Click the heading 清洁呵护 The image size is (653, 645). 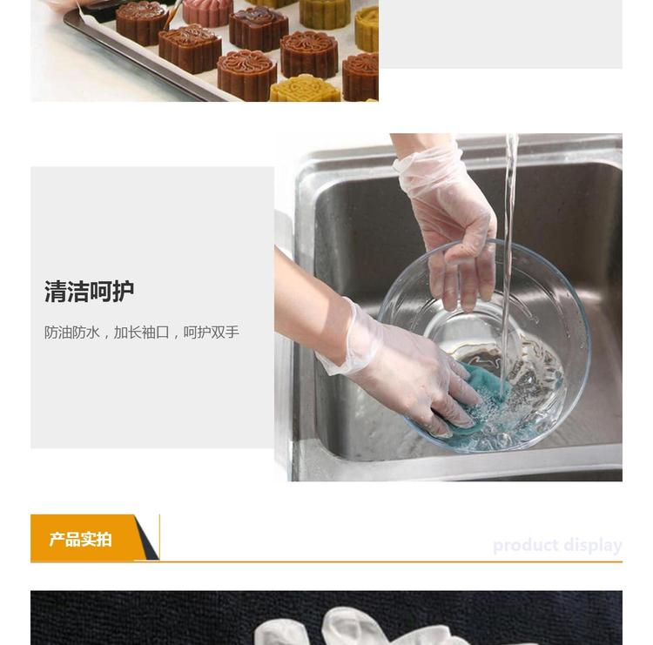click(x=89, y=291)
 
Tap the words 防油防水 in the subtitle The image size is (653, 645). click(x=72, y=333)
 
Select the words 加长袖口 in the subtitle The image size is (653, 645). click(x=142, y=333)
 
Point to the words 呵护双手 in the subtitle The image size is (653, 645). click(x=212, y=333)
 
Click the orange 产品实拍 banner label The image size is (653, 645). click(x=80, y=539)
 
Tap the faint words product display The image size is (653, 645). click(x=557, y=545)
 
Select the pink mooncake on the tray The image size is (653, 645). click(x=207, y=11)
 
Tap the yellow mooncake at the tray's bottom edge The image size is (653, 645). click(x=305, y=89)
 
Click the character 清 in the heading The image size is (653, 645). click(x=56, y=291)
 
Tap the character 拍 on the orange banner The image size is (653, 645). click(x=104, y=539)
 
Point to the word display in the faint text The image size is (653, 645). click(x=593, y=545)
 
